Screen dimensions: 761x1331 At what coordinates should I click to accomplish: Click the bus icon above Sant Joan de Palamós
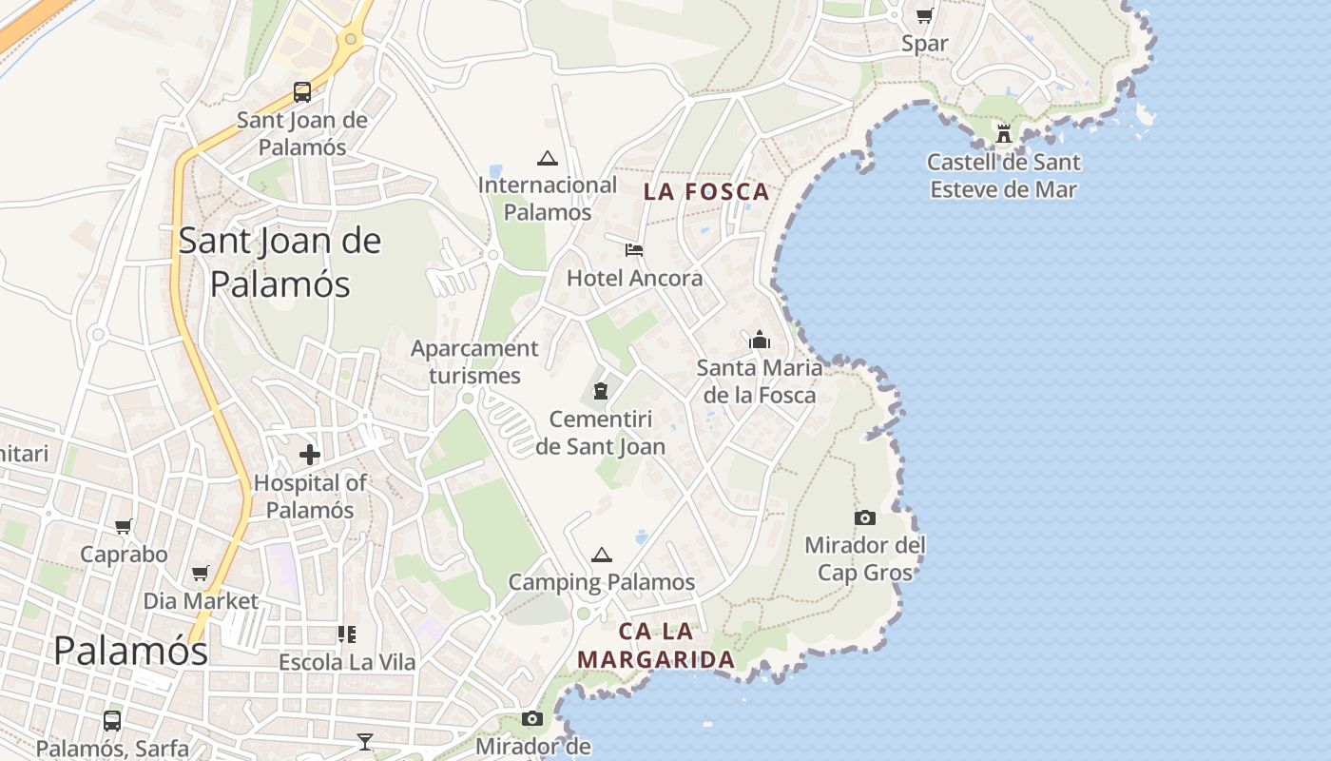tap(302, 92)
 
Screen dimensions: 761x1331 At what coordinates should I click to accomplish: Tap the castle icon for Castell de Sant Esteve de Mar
tap(1004, 133)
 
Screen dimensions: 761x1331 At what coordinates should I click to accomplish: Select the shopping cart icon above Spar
tap(924, 15)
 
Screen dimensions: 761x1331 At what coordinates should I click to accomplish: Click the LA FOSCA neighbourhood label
tap(705, 192)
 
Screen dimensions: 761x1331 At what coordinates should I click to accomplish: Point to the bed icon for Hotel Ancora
tap(634, 250)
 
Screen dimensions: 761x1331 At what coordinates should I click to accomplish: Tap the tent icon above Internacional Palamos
tap(547, 158)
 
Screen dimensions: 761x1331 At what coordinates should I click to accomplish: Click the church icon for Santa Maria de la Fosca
tap(760, 340)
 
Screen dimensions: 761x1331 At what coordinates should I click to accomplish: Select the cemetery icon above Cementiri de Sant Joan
tap(600, 391)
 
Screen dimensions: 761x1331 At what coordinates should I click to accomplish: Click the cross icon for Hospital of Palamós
tap(310, 455)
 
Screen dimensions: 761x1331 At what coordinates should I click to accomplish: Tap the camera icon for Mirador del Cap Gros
tap(865, 517)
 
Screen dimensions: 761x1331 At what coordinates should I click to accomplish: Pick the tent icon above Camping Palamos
tap(601, 555)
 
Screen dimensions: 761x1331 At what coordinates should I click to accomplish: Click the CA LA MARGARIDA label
tap(656, 645)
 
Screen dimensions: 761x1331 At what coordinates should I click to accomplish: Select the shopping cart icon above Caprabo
tap(124, 526)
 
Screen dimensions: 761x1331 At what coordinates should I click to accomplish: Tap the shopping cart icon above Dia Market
tap(201, 573)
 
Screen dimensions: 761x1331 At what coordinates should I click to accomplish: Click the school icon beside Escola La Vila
tap(347, 634)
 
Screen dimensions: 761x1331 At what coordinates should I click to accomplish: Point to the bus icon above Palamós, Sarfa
tap(112, 721)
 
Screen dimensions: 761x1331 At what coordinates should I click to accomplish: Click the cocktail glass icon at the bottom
tap(365, 741)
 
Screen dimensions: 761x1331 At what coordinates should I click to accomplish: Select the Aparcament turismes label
tap(474, 361)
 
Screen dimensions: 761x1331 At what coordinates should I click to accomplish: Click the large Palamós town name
tap(130, 651)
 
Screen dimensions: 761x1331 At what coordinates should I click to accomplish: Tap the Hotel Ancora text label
tap(634, 278)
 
